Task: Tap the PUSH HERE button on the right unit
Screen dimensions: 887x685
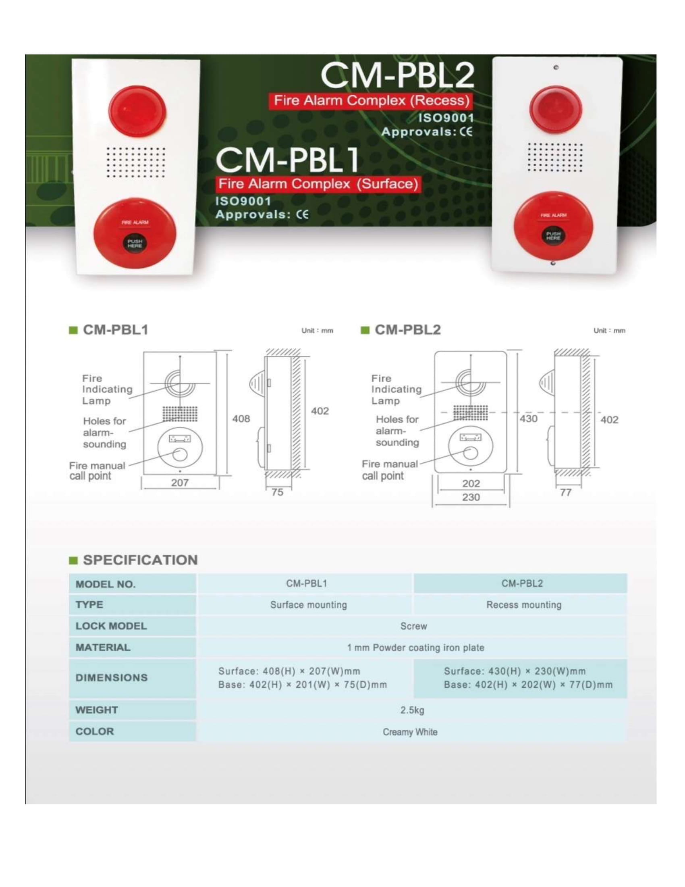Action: [553, 236]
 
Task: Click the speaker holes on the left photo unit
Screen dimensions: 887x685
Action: [135, 162]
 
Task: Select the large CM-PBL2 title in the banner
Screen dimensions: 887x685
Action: [397, 76]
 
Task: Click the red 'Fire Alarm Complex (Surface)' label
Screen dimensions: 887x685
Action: [318, 184]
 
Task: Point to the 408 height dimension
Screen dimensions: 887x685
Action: [241, 419]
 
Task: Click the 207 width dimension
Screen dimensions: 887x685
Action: [180, 483]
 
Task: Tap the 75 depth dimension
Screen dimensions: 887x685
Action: [277, 492]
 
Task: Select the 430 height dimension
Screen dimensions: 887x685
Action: [528, 419]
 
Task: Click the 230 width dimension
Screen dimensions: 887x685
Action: [471, 497]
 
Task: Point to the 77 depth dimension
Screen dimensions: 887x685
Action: [566, 493]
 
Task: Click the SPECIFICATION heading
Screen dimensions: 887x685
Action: [140, 560]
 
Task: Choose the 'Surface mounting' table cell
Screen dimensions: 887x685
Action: [308, 605]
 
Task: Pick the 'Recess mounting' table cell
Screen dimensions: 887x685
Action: [523, 605]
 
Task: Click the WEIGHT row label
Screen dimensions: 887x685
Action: [97, 710]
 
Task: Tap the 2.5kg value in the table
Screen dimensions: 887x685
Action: [412, 710]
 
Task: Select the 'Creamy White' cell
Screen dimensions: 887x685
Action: [410, 732]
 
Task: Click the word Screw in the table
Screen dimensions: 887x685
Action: [413, 626]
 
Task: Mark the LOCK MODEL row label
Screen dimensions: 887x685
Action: [111, 626]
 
